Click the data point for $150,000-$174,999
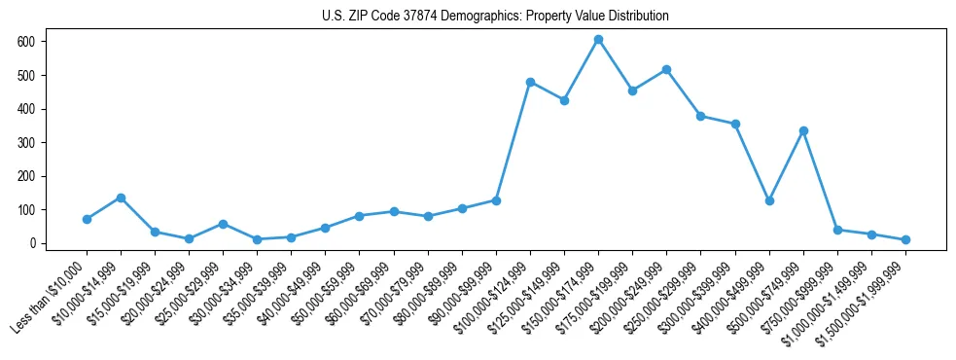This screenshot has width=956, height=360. tap(598, 40)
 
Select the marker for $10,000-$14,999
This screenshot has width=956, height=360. tap(121, 198)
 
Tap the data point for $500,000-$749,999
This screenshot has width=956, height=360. tap(803, 130)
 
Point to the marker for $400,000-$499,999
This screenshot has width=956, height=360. tap(769, 200)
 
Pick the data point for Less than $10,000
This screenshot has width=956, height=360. tap(87, 219)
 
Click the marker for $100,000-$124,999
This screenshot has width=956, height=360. tap(530, 82)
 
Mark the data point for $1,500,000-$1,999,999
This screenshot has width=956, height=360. tap(905, 239)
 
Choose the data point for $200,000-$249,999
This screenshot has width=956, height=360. tap(666, 70)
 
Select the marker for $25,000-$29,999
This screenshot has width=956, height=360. tap(223, 224)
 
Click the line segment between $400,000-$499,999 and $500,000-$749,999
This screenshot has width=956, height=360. tap(786, 165)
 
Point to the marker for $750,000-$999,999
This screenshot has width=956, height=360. tap(837, 230)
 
